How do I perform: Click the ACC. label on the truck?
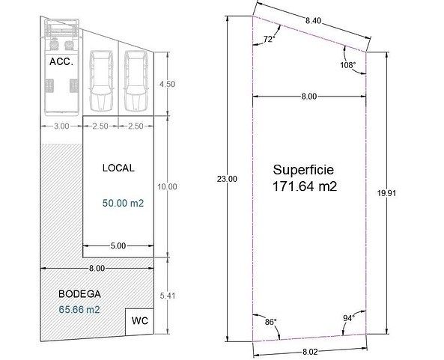click(61, 61)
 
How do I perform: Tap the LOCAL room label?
click(118, 168)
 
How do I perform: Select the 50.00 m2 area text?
click(124, 204)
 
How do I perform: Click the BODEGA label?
click(79, 294)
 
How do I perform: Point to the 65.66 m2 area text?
click(79, 310)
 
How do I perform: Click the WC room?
click(139, 321)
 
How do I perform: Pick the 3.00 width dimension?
click(61, 126)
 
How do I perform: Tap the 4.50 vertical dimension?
click(167, 84)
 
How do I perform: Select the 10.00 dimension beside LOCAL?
click(167, 187)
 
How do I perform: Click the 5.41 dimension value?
click(168, 296)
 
